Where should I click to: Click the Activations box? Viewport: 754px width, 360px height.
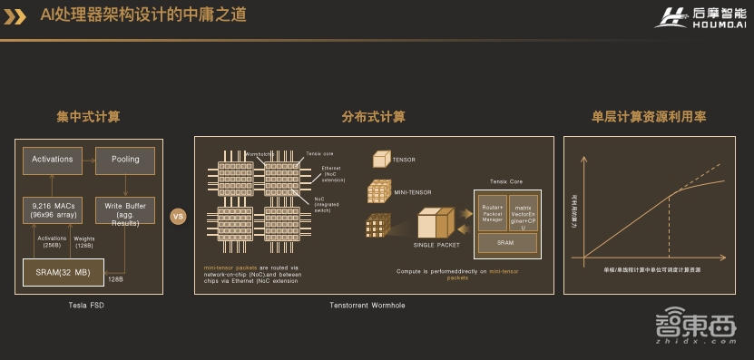click(52, 160)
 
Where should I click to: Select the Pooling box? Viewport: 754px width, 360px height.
click(125, 160)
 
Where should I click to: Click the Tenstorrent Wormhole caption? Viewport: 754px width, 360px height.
click(367, 305)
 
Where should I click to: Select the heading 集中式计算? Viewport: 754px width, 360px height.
click(88, 118)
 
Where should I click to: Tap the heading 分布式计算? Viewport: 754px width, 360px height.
click(373, 118)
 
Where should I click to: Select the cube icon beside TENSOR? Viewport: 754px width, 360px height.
click(380, 161)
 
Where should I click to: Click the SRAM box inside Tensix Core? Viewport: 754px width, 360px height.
click(507, 243)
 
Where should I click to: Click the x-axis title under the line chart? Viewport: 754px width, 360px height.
click(652, 269)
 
